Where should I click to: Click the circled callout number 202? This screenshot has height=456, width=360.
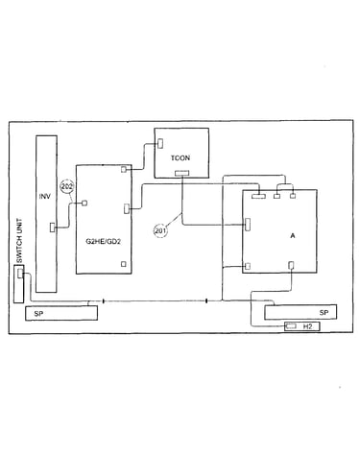pos(67,187)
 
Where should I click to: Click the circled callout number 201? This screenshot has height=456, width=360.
pos(160,230)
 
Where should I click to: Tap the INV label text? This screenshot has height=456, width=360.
pos(45,196)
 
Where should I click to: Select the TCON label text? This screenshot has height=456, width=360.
pos(180,157)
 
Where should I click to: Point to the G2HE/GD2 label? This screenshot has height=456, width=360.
pos(103,241)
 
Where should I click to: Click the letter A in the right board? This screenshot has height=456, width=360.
pos(293,236)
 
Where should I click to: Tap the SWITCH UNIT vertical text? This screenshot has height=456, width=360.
pos(19,241)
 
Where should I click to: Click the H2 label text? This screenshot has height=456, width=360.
pos(307,326)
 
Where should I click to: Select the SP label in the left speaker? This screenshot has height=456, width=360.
pos(38,314)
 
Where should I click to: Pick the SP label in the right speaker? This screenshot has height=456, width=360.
pos(324,312)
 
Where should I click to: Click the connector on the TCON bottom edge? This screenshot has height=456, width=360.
pos(182,173)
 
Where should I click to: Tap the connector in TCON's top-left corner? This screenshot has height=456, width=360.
pos(160,143)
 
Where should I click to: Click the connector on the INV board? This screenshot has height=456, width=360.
pos(53,228)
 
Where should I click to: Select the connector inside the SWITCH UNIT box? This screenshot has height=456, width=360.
pos(20,274)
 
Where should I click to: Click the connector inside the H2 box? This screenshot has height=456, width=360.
pos(291,326)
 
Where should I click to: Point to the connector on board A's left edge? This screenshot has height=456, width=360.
pos(248,225)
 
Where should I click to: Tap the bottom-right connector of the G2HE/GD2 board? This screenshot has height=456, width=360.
pos(124,264)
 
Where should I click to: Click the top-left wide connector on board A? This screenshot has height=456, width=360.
pos(258,196)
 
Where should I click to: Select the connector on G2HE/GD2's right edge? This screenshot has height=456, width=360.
pos(127,208)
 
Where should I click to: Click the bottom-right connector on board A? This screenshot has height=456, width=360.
pos(291,265)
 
